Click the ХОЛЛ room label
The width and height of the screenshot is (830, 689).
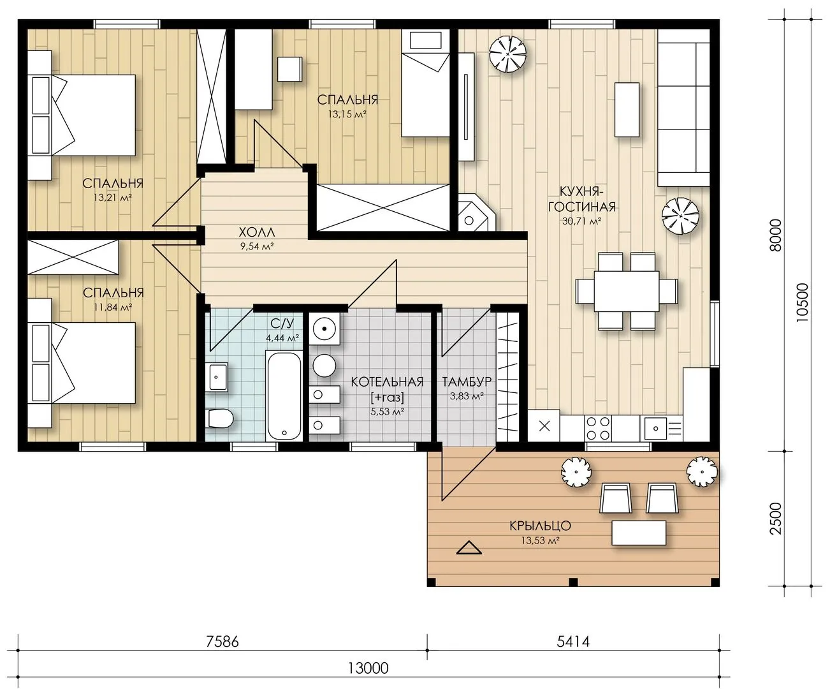coord(256,232)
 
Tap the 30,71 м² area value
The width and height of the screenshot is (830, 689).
coord(581,221)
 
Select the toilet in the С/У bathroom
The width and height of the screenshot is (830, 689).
coord(221,419)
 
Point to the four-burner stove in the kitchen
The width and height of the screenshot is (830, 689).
coord(598,427)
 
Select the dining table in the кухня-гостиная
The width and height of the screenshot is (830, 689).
coord(627,291)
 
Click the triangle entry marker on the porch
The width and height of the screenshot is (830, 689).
coord(469,548)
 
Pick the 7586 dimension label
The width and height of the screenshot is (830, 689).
coord(222,642)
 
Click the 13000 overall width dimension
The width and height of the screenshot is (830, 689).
coord(368,668)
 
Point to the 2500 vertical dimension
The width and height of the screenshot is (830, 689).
coord(776,519)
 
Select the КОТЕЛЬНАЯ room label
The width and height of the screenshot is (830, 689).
coord(387,382)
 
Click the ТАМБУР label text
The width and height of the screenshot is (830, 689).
coord(467,382)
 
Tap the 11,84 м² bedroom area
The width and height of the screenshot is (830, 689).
coord(113,307)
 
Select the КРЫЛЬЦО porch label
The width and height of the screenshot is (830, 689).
coord(540,526)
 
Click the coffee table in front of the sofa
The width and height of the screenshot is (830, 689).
coord(627,110)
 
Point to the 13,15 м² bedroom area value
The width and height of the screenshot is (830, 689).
coord(347,114)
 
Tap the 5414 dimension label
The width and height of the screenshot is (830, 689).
coord(573,642)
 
